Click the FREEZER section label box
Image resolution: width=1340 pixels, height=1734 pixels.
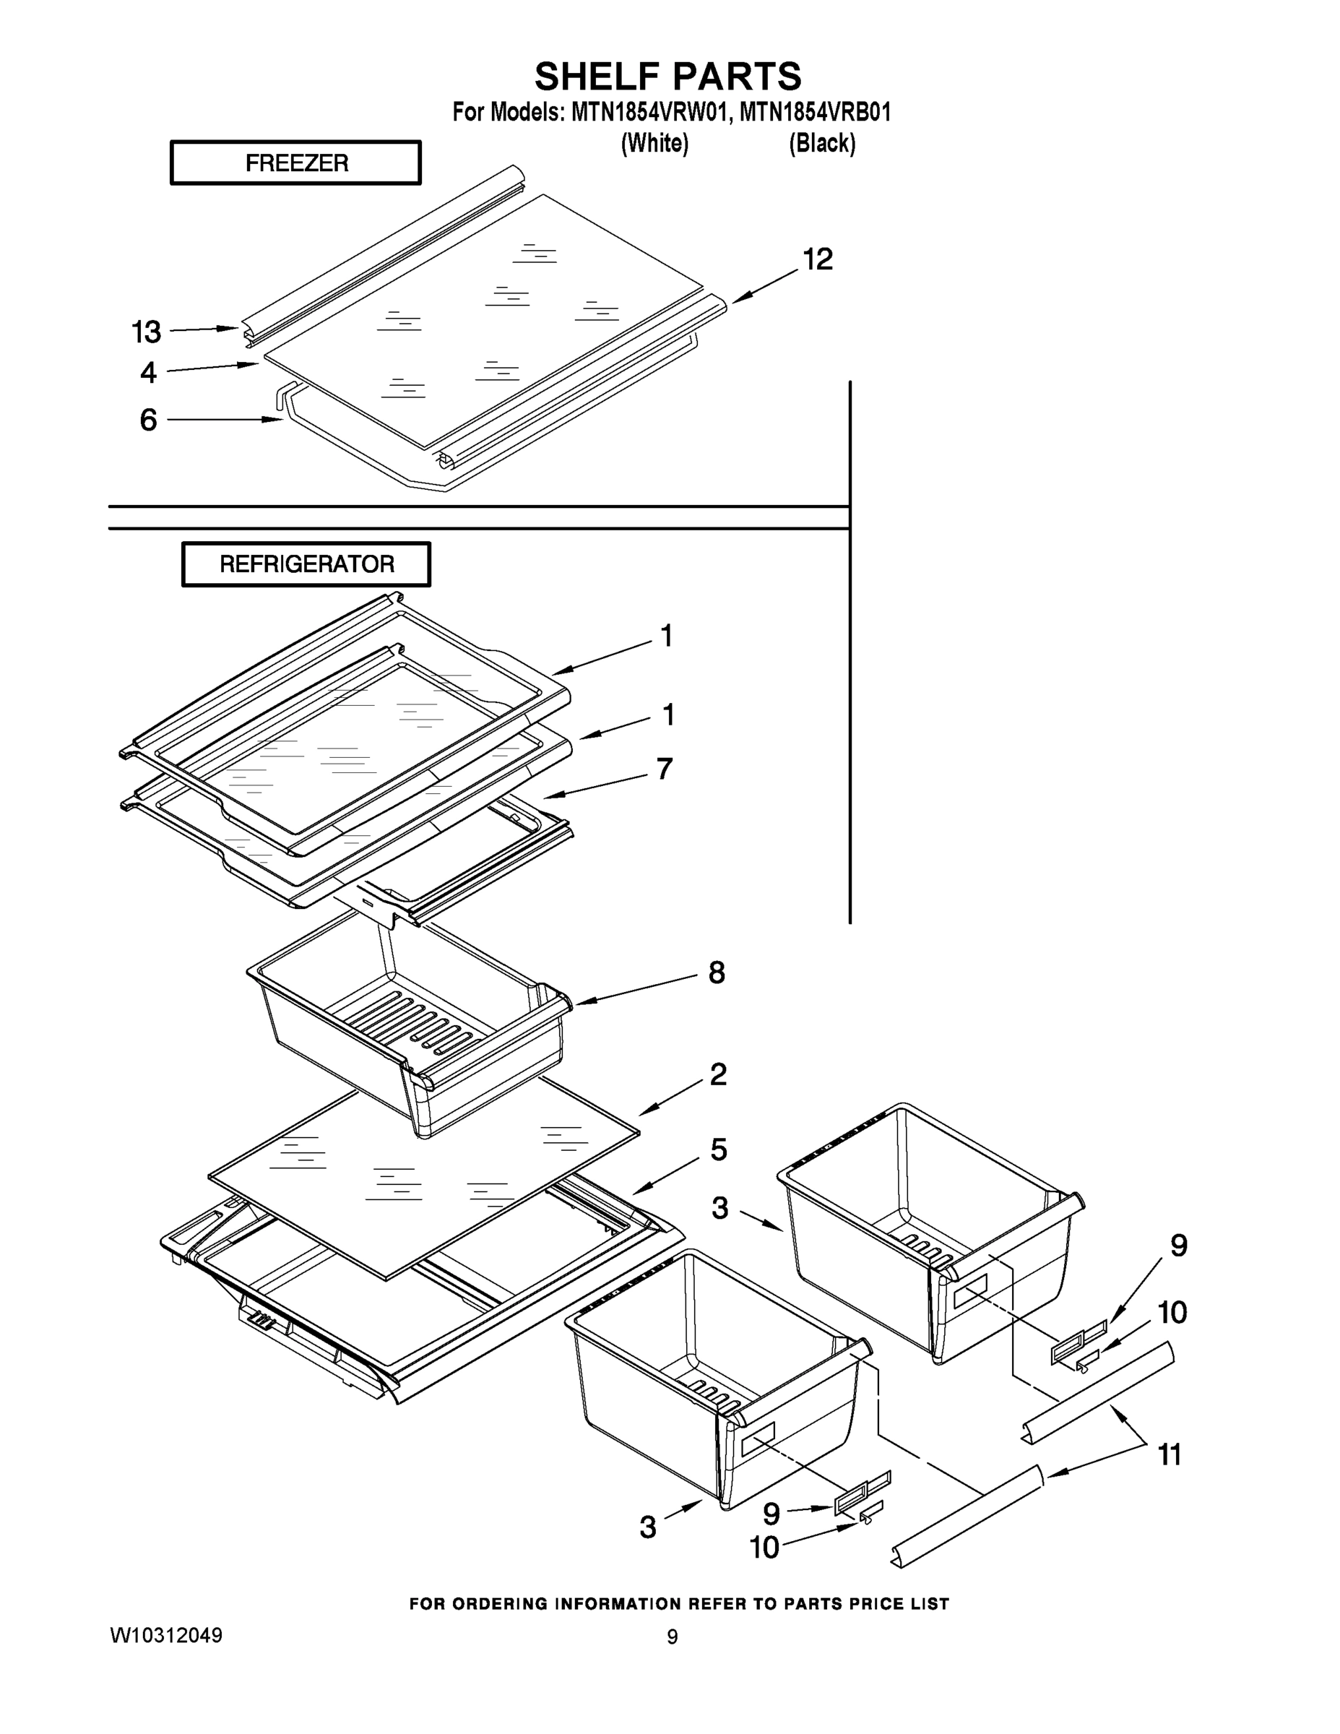[x=295, y=163]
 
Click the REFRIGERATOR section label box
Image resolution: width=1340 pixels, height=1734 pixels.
[x=306, y=564]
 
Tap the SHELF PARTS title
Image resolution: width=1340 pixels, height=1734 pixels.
[x=667, y=76]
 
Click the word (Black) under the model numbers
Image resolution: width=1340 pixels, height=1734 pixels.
[x=821, y=144]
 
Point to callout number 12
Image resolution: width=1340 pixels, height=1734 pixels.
[x=818, y=259]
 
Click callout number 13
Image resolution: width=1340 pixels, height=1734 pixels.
[x=146, y=332]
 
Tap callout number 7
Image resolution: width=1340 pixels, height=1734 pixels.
[x=665, y=769]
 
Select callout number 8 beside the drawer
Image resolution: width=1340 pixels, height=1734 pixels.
[x=716, y=972]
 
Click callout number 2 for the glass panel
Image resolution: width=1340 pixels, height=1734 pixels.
[x=717, y=1074]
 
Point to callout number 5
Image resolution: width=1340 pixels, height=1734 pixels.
[x=717, y=1149]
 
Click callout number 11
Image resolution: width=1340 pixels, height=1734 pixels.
[x=1170, y=1454]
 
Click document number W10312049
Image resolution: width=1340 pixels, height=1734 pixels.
[x=166, y=1636]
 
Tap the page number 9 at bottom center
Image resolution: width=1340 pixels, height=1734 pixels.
[x=672, y=1637]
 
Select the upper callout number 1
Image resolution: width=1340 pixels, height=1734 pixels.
[x=667, y=635]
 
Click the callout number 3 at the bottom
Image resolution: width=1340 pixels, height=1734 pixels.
[x=648, y=1527]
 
